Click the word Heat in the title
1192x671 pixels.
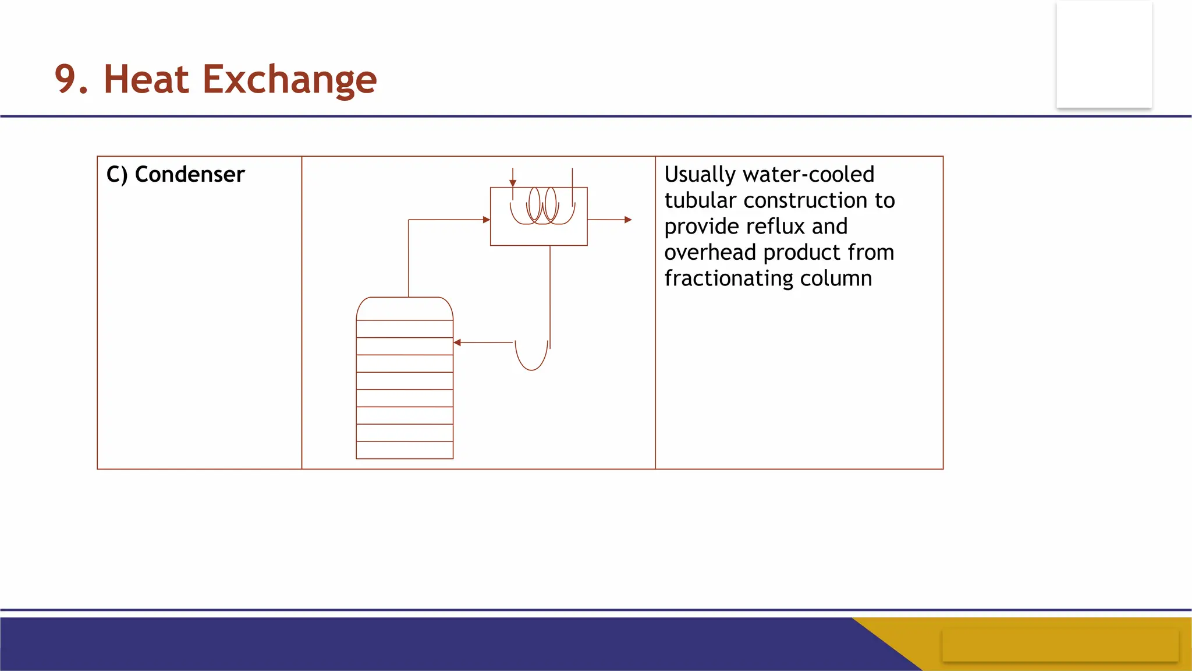point(146,79)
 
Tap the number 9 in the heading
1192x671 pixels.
point(65,79)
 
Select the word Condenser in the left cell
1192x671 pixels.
point(190,174)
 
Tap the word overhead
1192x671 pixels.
point(710,252)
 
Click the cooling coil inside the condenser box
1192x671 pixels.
point(543,206)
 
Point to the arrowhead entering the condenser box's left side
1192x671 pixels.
point(487,220)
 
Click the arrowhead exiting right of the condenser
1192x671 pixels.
point(628,220)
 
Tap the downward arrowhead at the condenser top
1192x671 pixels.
point(513,183)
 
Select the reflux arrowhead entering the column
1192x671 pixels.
point(457,342)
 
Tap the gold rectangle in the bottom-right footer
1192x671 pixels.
point(1060,645)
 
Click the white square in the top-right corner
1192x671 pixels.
point(1104,54)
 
